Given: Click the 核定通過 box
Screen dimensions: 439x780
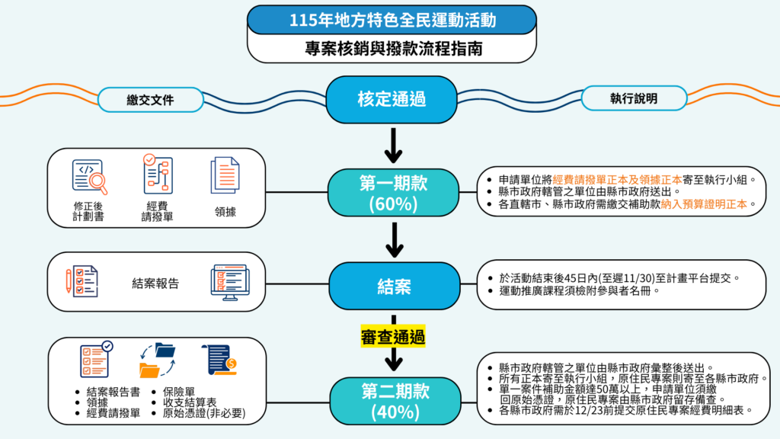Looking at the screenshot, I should point(392,100).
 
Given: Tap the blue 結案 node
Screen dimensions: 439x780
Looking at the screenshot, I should point(393,287).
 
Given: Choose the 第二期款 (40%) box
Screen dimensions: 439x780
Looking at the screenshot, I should point(393,401).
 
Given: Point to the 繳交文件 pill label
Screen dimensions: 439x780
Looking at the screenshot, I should point(151,100).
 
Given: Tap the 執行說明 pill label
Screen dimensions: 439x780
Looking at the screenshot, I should point(633,99).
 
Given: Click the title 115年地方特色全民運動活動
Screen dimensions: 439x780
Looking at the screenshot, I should point(392,21).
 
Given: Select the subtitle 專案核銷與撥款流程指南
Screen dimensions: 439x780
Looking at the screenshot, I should point(392,48).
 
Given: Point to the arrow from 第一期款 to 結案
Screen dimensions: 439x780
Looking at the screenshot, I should point(393,239).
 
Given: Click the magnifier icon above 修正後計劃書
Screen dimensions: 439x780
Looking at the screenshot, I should point(90,176).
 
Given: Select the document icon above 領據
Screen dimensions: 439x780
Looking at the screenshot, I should point(225,175).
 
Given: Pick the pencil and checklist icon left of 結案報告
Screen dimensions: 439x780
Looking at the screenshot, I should point(81,281).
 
